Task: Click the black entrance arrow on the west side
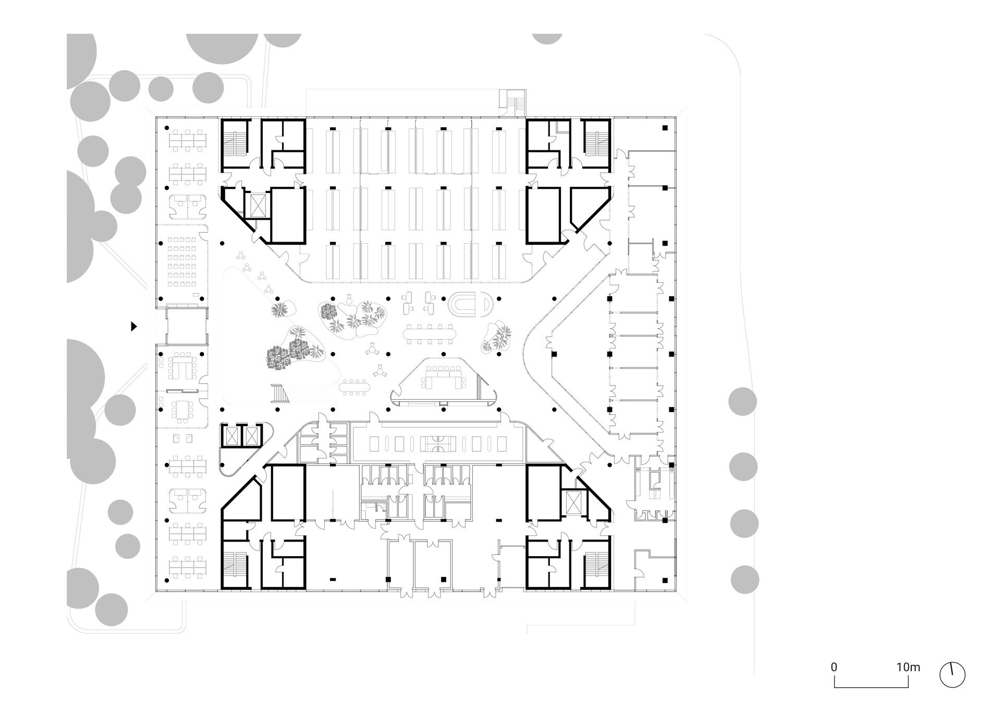pos(134,327)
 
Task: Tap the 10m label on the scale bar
pos(908,681)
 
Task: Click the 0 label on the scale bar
pos(834,681)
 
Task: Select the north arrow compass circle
pos(952,689)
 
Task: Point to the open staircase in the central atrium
pos(280,393)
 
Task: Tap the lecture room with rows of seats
pos(182,263)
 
